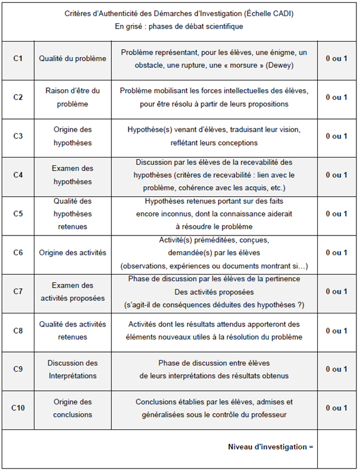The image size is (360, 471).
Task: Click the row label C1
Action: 18,58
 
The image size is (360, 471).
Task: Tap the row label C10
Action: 18,408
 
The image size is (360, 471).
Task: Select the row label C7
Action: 18,291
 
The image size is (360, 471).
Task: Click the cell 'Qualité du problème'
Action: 73,58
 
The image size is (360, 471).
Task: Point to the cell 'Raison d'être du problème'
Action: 73,97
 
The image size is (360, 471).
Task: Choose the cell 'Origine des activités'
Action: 73,253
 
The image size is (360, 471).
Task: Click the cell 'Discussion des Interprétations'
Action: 73,369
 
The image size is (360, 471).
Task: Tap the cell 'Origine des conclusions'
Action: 73,408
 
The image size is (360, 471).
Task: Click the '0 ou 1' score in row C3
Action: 336,136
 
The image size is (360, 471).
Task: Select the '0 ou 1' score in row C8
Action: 336,331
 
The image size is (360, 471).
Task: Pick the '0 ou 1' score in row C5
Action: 336,213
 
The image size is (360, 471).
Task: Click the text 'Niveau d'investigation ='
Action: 270,447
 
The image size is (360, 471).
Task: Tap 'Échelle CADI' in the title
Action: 269,12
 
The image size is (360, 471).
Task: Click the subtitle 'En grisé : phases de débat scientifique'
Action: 179,26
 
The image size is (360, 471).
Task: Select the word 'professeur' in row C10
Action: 268,414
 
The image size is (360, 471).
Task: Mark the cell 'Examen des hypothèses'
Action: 73,175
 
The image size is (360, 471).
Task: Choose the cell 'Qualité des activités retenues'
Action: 73,331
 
